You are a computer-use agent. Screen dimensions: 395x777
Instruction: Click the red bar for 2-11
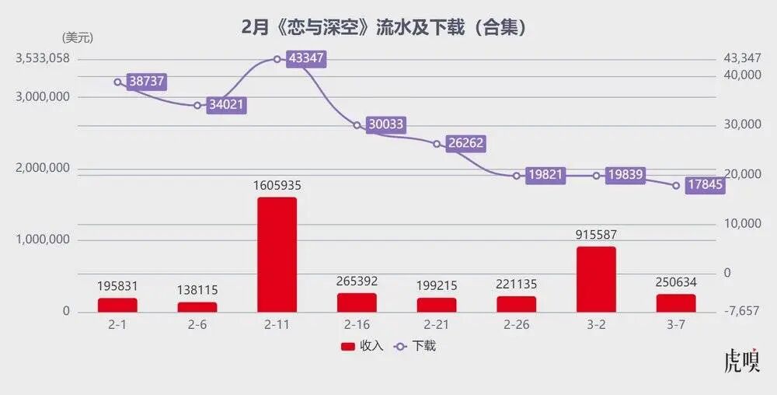click(x=277, y=254)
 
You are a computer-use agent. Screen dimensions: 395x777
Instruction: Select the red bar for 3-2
click(x=596, y=279)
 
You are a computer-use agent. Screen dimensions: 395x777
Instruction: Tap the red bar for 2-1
click(x=117, y=305)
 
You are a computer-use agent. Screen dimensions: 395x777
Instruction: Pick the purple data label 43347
click(x=305, y=59)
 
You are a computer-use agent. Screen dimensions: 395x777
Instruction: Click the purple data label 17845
click(x=705, y=185)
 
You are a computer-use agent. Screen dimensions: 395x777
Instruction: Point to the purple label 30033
click(x=385, y=125)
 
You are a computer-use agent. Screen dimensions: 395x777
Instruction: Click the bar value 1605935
click(x=277, y=186)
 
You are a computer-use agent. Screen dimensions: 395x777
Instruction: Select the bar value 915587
click(x=596, y=235)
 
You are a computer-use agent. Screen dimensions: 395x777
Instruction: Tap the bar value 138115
click(x=197, y=290)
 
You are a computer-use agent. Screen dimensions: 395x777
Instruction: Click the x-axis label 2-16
click(x=357, y=325)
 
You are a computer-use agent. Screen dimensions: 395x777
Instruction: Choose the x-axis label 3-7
click(x=676, y=325)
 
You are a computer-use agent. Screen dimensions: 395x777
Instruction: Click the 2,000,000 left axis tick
click(x=42, y=169)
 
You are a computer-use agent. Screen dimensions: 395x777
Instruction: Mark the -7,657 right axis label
click(x=741, y=311)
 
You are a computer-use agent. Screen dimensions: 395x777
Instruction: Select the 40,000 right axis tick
click(x=742, y=75)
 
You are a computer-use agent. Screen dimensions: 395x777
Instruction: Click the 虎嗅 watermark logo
click(x=741, y=362)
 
